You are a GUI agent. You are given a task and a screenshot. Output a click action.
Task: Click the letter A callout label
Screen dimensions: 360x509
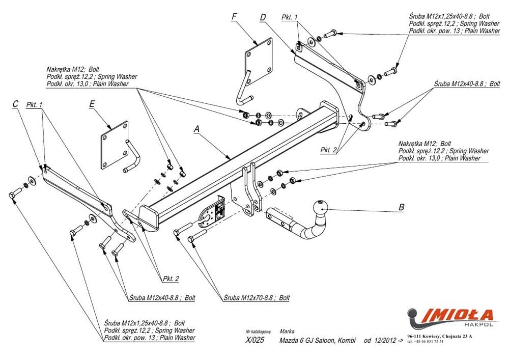197,129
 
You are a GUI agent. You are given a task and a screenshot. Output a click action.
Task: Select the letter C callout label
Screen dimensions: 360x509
15,104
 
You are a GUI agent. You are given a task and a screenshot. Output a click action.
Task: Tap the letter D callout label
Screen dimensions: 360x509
263,18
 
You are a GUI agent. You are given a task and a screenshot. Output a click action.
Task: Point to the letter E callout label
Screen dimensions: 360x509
92,104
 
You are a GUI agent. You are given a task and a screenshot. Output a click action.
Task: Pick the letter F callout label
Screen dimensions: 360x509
234,16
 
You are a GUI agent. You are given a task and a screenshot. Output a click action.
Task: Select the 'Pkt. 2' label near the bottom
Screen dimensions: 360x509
171,279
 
